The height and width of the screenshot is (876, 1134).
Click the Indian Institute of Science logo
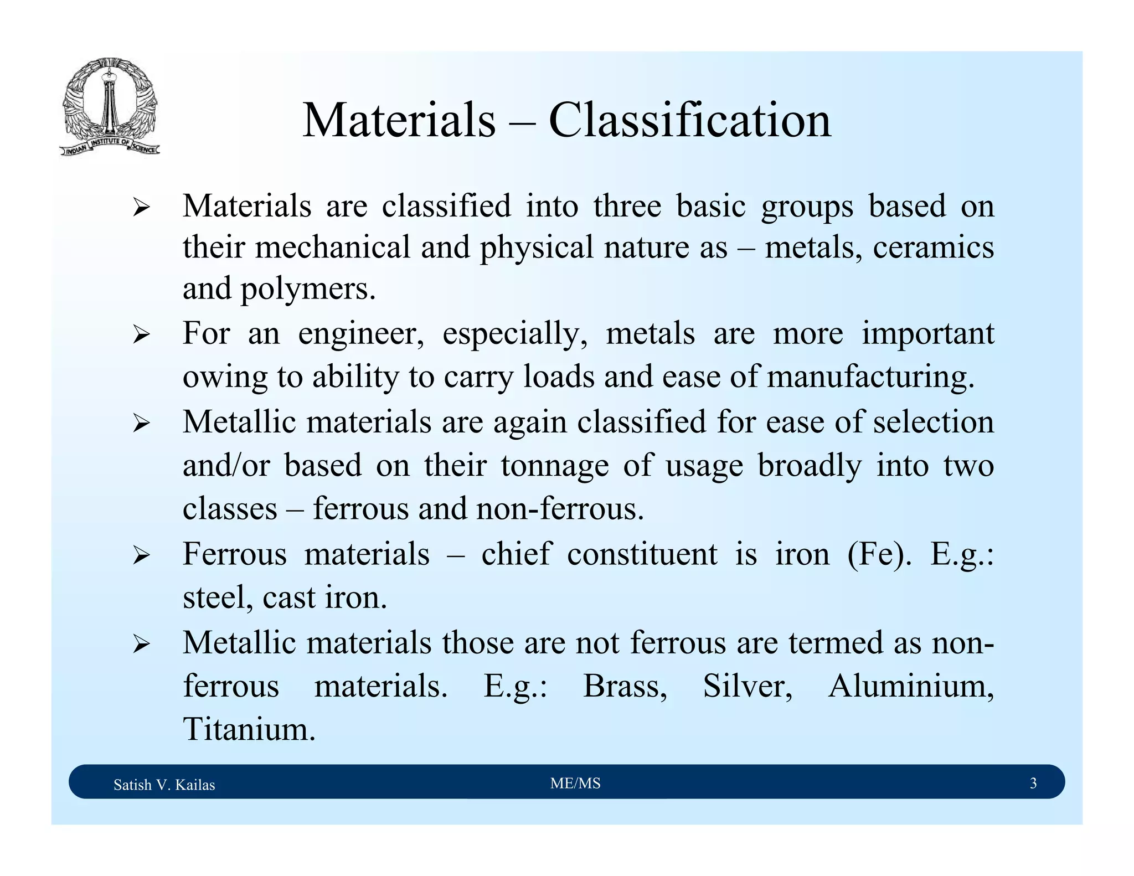110,106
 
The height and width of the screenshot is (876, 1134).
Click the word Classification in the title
689,120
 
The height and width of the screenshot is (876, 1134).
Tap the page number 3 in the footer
1033,783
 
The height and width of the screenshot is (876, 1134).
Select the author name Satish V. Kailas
164,785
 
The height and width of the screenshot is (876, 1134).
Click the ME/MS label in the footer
575,783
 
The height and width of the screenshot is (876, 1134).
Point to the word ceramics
933,247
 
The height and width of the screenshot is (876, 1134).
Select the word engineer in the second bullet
361,333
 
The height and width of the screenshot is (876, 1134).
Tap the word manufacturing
870,377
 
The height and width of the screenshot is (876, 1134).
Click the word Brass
625,686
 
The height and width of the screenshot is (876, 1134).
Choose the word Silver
748,686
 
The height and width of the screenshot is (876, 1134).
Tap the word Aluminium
911,686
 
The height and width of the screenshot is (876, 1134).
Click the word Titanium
249,729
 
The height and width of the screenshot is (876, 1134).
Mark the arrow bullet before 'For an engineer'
141,334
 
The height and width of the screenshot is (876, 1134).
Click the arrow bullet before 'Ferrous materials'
141,555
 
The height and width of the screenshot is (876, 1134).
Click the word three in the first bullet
627,206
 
